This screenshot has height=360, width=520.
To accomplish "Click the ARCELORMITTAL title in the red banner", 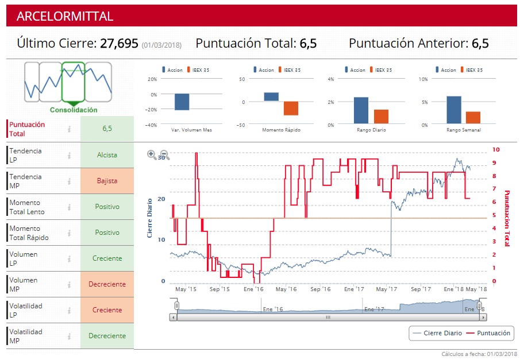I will [x=65, y=16].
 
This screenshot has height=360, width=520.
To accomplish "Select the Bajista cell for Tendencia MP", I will [x=107, y=181].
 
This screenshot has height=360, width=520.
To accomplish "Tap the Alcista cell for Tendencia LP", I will [x=107, y=155].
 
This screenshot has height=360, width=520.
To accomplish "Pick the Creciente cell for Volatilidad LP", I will [x=107, y=310].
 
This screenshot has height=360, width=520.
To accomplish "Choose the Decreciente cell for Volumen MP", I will [x=107, y=284].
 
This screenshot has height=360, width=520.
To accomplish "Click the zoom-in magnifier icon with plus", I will [x=152, y=154].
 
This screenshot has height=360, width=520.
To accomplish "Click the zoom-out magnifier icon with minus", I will [x=164, y=154].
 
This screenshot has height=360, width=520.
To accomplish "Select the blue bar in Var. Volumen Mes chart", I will [x=182, y=102].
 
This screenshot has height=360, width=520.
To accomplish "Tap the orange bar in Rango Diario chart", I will [x=382, y=117].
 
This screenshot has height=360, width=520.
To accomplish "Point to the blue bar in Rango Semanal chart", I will [x=454, y=110].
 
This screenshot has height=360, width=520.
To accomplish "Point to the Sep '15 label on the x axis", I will [x=219, y=289].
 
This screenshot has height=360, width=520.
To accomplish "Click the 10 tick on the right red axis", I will [x=496, y=150].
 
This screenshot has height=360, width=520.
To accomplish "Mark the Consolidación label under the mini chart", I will [x=74, y=110].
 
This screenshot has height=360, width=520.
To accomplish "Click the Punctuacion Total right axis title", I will [x=507, y=218].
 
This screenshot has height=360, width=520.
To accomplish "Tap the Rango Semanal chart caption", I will [x=463, y=130].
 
